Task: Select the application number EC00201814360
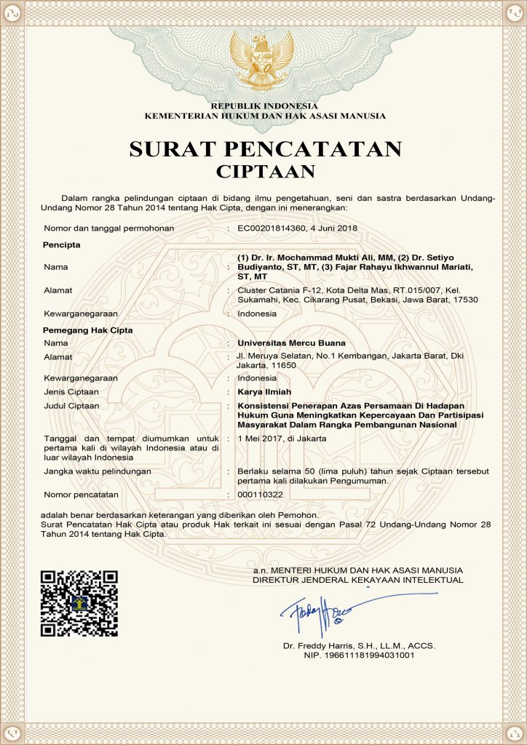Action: click(x=274, y=228)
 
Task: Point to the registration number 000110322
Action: click(x=260, y=495)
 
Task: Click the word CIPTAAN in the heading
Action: click(x=265, y=172)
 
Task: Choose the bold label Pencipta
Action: click(x=62, y=244)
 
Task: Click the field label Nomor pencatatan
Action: click(x=81, y=495)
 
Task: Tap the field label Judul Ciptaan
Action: click(x=72, y=405)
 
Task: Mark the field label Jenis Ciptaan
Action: click(x=71, y=391)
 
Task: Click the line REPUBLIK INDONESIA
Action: click(x=264, y=107)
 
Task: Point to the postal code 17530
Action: click(x=464, y=300)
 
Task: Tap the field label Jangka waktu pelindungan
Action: click(x=98, y=471)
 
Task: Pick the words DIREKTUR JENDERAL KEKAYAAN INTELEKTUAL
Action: click(x=357, y=580)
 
